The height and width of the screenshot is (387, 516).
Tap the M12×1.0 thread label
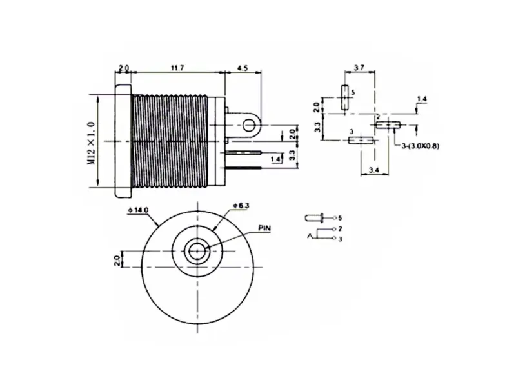coord(91,143)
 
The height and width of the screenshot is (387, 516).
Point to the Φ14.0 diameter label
coord(138,210)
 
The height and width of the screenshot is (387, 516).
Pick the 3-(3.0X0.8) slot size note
coord(419,146)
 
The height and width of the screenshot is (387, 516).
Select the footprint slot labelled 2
coord(387,124)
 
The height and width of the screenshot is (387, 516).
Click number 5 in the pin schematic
coord(340,218)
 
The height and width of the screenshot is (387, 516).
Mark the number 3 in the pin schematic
coord(340,239)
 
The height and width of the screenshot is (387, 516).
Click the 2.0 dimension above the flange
coord(124,66)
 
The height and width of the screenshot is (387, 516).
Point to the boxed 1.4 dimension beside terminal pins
coord(275,159)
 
